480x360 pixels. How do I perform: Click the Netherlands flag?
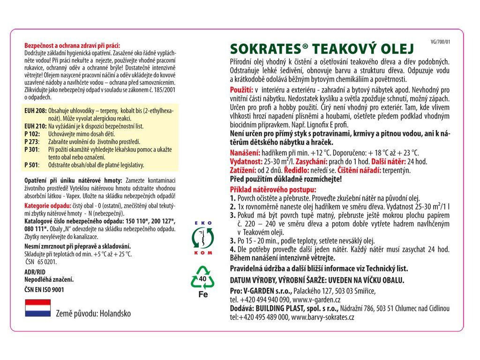[x=37, y=307]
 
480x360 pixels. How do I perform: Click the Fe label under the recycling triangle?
[x=202, y=295]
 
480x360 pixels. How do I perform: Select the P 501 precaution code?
[x=32, y=165]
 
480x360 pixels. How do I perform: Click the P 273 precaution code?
[x=32, y=141]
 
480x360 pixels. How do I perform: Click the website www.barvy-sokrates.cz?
[x=323, y=317]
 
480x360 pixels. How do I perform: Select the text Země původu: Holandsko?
[x=93, y=313]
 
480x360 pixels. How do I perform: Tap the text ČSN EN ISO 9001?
[x=44, y=290]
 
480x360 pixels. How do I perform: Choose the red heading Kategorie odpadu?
[x=47, y=205]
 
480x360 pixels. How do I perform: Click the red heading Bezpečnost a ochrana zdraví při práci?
[x=72, y=45]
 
